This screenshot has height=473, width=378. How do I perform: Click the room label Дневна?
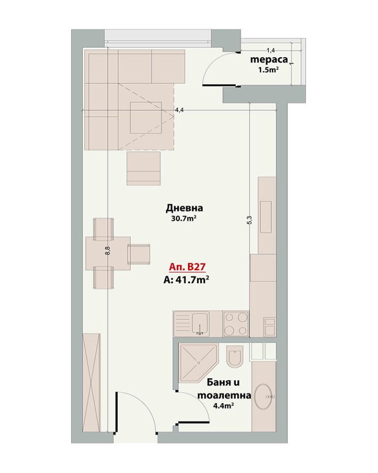(184, 208)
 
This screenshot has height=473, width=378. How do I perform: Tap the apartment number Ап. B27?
(187, 267)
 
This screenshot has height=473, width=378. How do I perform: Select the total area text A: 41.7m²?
(186, 280)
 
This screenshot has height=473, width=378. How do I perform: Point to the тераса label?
(269, 60)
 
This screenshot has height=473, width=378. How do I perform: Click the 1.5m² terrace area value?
(268, 70)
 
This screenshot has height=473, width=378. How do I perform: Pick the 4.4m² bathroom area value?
(223, 405)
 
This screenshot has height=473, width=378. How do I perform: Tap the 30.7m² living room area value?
(184, 218)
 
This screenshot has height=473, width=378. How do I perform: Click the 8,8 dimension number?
(108, 251)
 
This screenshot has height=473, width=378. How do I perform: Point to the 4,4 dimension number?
(179, 110)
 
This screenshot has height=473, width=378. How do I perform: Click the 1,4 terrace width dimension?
(271, 51)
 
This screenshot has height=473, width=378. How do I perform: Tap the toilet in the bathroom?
(235, 356)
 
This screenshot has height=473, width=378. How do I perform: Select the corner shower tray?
(198, 361)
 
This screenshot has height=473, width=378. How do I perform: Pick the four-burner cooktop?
(236, 324)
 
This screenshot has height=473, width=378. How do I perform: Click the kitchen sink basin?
(200, 323)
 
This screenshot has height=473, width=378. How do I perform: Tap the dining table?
(108, 253)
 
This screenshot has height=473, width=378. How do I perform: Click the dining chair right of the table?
(139, 254)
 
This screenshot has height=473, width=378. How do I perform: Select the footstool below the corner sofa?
(144, 169)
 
